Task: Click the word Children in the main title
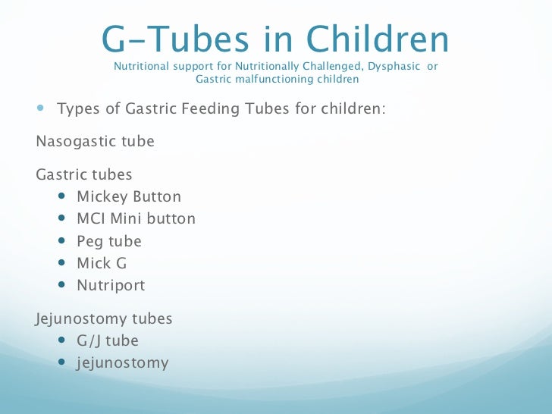point(378,39)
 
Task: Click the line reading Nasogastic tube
point(95,142)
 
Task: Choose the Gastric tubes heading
point(84,175)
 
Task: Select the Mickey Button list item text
point(129,197)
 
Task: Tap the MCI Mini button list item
point(136,219)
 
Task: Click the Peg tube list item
point(109,242)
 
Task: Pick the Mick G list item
point(102,264)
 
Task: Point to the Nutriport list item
point(111,286)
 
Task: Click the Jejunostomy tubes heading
point(104,319)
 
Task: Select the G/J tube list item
point(108,341)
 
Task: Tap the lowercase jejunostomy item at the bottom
point(122,363)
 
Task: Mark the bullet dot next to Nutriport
point(61,286)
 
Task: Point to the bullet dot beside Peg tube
point(61,242)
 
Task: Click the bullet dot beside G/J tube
point(61,341)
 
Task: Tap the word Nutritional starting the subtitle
point(142,66)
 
